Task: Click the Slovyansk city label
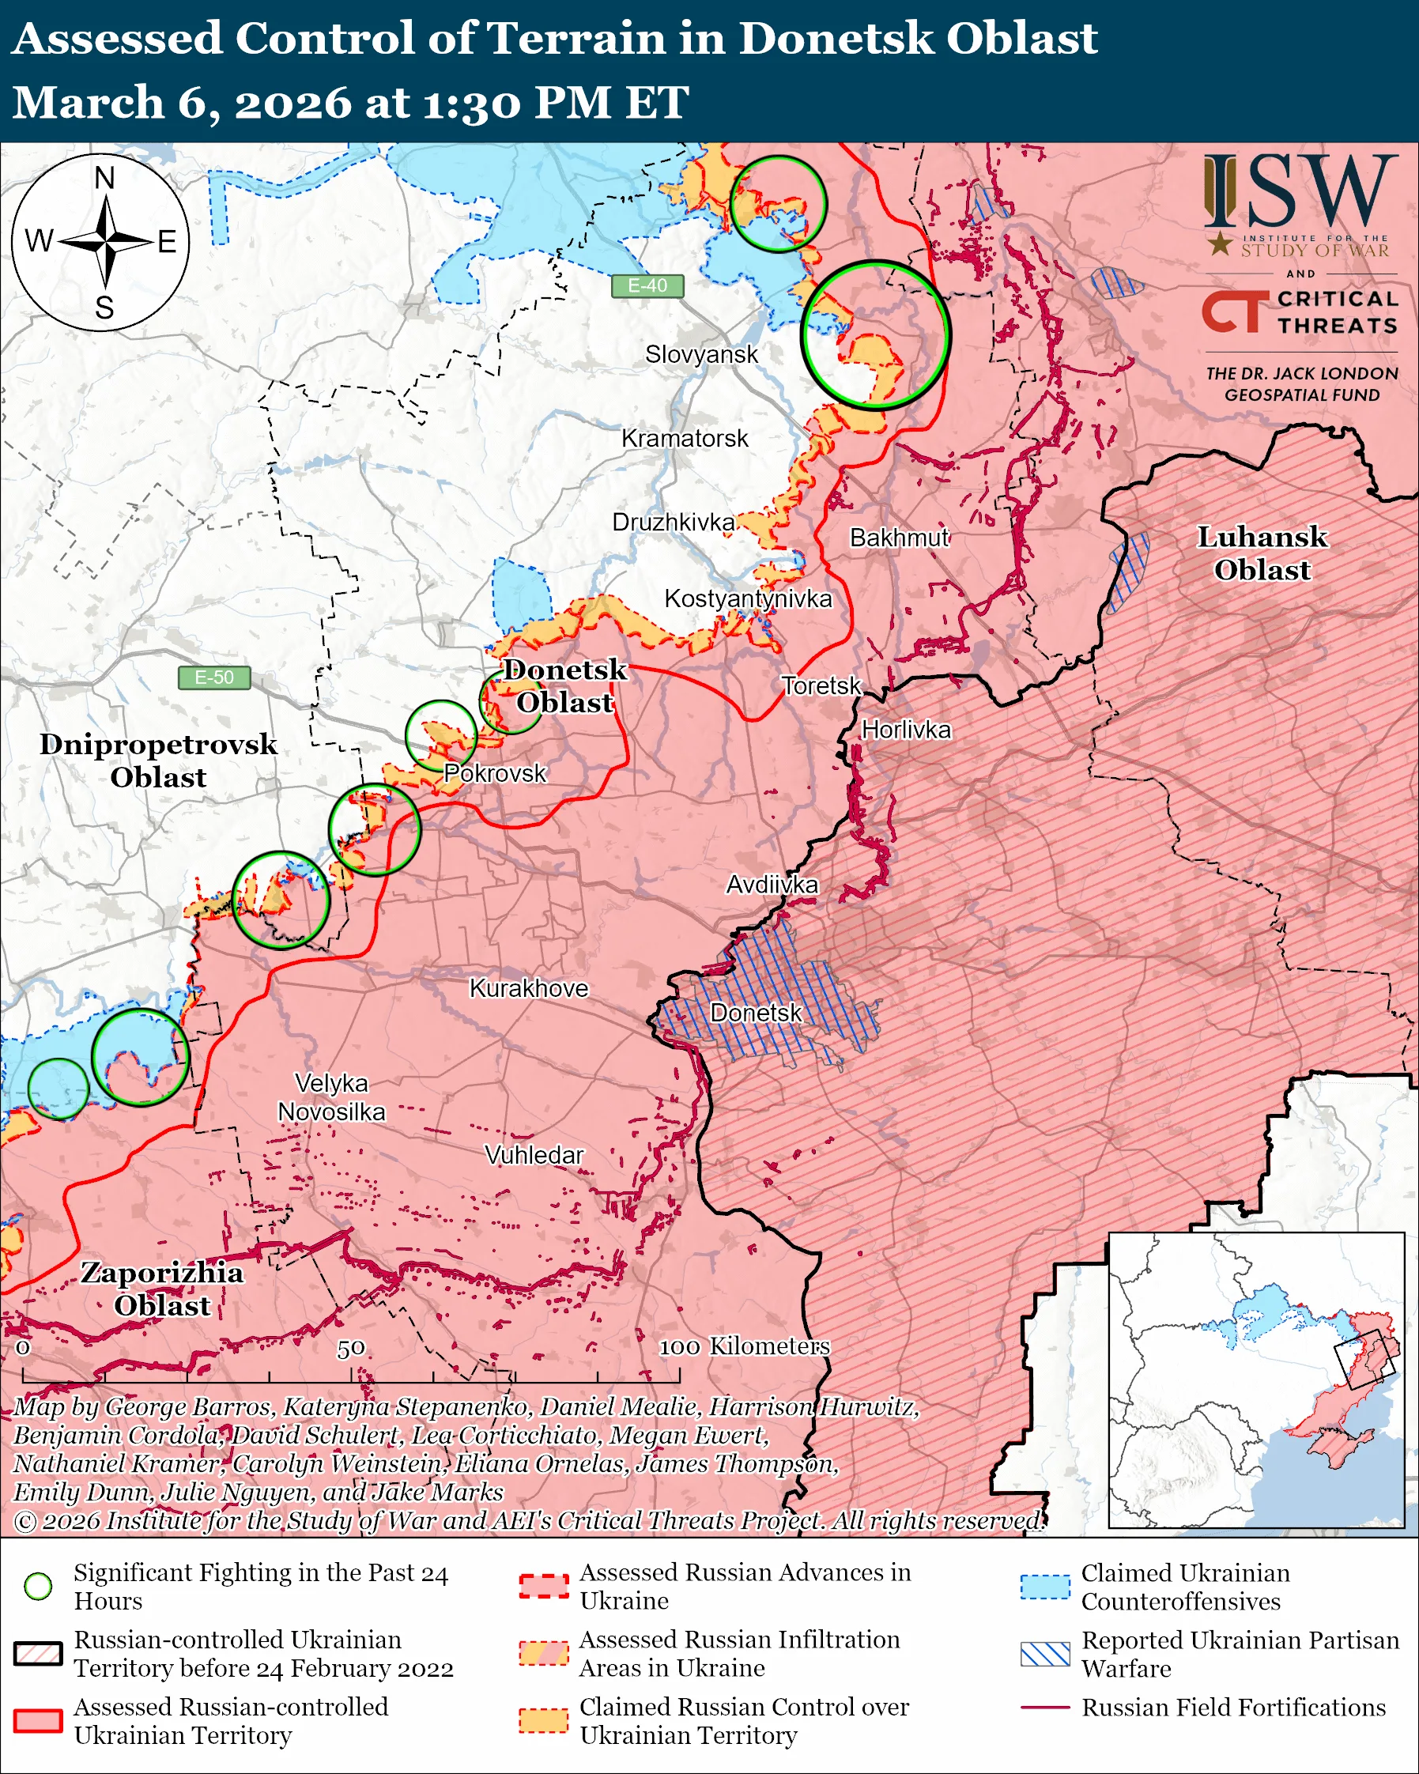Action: [x=701, y=355]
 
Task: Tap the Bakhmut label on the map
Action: [x=899, y=538]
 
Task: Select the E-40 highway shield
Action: [x=647, y=285]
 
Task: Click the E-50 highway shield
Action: [x=214, y=678]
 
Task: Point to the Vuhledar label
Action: [x=534, y=1155]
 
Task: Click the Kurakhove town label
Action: [x=529, y=988]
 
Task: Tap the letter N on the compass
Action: [x=104, y=178]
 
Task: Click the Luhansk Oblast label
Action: [x=1261, y=553]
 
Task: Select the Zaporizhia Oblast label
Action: [x=162, y=1289]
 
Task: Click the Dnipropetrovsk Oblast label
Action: [x=158, y=761]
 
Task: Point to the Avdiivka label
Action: [x=772, y=885]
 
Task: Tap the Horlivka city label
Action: [x=906, y=730]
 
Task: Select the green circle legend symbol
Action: [x=39, y=1587]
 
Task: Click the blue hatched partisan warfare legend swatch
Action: [x=1045, y=1654]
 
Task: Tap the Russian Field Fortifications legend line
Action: [x=1045, y=1708]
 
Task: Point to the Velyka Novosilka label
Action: [x=331, y=1097]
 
